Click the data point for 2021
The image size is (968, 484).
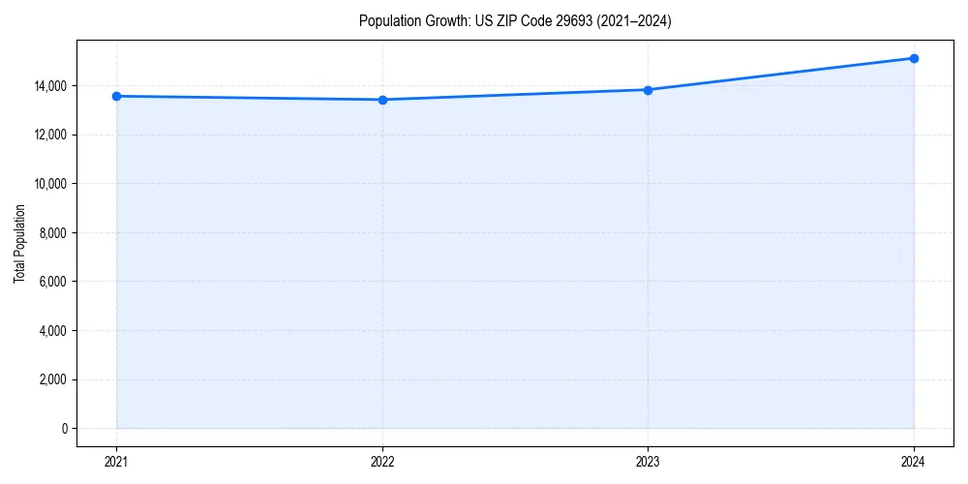[116, 96]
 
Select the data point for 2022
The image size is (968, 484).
[382, 100]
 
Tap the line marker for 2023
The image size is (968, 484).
[648, 90]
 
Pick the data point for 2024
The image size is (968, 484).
[914, 58]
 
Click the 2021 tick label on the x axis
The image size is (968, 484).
[116, 461]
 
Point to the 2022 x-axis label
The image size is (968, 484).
[382, 461]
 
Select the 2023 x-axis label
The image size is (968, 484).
[648, 461]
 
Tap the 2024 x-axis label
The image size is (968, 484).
[914, 461]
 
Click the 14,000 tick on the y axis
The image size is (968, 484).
[51, 86]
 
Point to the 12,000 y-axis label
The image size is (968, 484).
[51, 135]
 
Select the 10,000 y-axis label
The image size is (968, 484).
[51, 184]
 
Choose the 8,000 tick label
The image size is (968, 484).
[54, 233]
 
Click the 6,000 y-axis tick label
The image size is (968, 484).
[54, 282]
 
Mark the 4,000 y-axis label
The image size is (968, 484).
[54, 331]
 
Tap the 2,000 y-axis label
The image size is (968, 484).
[54, 379]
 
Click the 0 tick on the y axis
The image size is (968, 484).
[64, 429]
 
